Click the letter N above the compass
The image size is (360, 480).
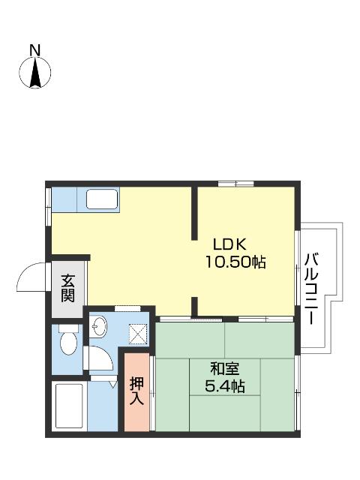pos(34,50)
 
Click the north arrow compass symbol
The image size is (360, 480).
pos(34,73)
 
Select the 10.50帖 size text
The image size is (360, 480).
pos(235,262)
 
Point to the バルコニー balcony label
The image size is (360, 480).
pos(312,288)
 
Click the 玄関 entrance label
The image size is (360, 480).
pos(67,287)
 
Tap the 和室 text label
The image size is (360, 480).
pos(225,368)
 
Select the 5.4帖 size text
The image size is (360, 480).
pos(225,386)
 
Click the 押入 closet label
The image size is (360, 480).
pos(137,391)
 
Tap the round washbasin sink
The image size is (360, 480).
pos(99,326)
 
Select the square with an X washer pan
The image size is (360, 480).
pos(139,332)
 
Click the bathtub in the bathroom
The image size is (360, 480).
pos(70,406)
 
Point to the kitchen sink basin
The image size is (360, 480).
pos(101,199)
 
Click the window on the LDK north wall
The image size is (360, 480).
pos(236,184)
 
